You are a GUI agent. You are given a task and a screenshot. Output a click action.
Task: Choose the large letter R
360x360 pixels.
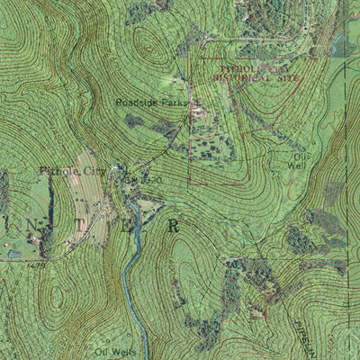(174, 226)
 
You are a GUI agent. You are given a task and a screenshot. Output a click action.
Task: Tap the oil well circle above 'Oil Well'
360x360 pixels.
(312, 142)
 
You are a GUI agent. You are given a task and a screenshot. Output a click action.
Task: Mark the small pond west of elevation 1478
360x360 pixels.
(13, 255)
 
